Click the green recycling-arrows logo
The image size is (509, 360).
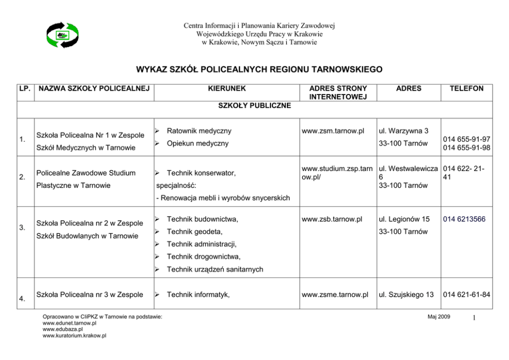pos(63,35)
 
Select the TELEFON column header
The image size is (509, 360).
pos(466,88)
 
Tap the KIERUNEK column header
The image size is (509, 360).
pos(227,88)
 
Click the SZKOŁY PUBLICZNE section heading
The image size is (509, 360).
pos(254,106)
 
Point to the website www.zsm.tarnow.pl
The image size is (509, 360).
pos(333,131)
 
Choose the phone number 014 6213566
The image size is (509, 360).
pos(464,219)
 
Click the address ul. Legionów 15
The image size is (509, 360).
pos(404,219)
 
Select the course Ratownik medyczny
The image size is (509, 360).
pos(199,131)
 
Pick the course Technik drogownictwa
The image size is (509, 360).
pos(204,256)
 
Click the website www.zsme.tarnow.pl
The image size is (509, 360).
pos(335,294)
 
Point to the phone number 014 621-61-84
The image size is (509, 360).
pos(466,294)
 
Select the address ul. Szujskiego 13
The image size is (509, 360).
pos(406,294)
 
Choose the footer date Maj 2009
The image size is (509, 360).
pos(439,317)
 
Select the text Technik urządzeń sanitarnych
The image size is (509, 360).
pos(215,269)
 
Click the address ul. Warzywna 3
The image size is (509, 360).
pos(403,131)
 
